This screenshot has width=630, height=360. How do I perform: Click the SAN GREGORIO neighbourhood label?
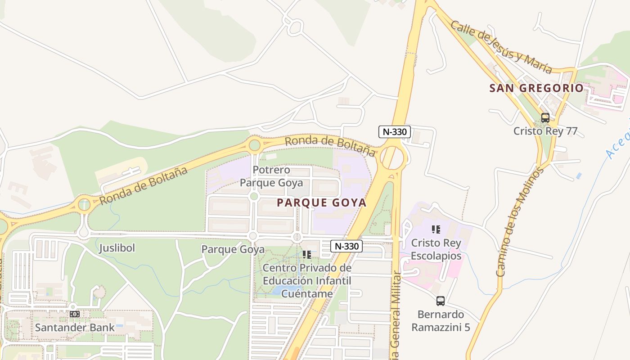[x=536, y=88]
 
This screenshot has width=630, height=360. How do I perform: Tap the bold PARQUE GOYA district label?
[x=321, y=202]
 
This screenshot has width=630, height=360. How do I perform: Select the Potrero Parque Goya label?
[x=271, y=176]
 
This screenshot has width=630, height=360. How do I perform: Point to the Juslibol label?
[x=117, y=248]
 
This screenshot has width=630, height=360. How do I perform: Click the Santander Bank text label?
[x=75, y=327]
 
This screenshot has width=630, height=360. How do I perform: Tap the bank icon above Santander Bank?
[x=75, y=314]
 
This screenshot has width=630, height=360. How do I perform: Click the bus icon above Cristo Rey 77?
[x=545, y=118]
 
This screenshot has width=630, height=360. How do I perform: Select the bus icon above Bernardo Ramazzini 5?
[x=440, y=301]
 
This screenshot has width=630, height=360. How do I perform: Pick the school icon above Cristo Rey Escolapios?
[x=436, y=229]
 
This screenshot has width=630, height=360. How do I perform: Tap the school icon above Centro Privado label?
[x=307, y=255]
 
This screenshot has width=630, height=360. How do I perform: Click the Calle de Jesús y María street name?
[x=501, y=47]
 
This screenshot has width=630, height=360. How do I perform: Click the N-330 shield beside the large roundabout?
[x=394, y=132]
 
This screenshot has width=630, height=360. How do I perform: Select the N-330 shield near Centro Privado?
[x=346, y=246]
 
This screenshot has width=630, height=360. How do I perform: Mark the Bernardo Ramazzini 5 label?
[x=441, y=320]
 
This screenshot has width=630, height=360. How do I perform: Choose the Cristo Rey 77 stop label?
[x=545, y=131]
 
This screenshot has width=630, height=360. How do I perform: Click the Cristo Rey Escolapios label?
[x=436, y=249]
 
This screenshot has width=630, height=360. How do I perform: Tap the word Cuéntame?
[x=307, y=293]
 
